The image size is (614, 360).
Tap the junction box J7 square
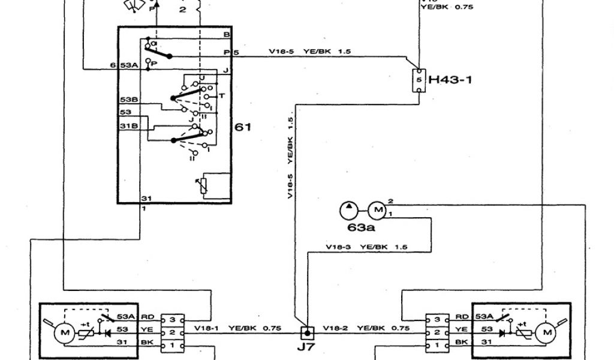coord(306,331)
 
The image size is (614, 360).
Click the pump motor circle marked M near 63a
coord(378,210)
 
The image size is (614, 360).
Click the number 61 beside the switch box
coord(245,127)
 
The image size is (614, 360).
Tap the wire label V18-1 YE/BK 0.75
coord(237,328)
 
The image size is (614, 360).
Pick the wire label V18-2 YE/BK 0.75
coord(367,328)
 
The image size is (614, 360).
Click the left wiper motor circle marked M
coord(62,331)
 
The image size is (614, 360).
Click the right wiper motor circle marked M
coord(546,331)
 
